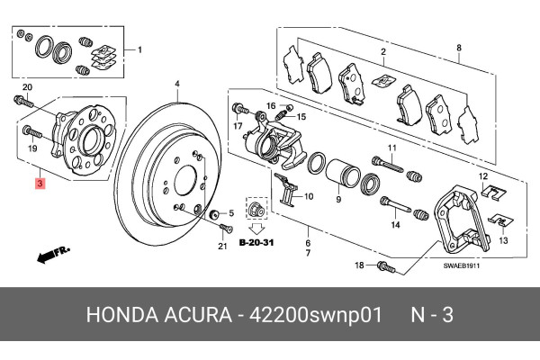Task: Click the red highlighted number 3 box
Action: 39,184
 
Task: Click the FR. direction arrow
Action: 54,256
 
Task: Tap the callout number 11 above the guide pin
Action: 391,147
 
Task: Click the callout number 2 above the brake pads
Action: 382,51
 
